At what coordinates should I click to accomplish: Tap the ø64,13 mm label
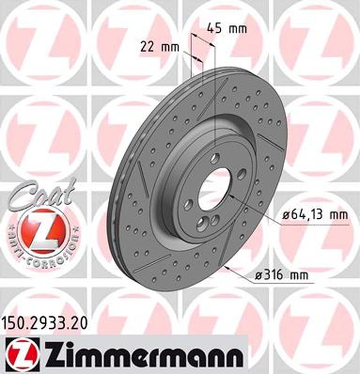(x=316, y=215)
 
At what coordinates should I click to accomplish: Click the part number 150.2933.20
(x=44, y=322)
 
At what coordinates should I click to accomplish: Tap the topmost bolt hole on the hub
(x=214, y=158)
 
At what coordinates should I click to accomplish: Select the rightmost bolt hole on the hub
(x=241, y=174)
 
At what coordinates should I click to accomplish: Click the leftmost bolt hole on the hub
(x=188, y=204)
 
